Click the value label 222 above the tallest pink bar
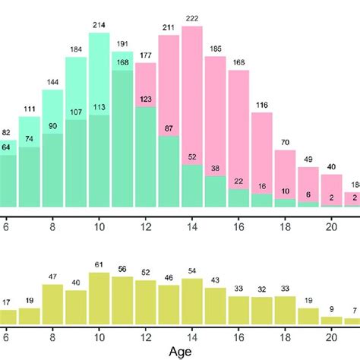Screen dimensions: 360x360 point(192,18)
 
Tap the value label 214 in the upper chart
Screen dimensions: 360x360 point(99,24)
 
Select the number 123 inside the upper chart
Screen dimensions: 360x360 point(146,99)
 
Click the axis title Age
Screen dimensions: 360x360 point(181,351)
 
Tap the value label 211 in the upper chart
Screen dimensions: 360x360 point(169,28)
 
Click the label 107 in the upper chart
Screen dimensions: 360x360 point(76,112)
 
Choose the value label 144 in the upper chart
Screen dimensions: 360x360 point(52,81)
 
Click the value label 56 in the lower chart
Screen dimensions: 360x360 point(122,269)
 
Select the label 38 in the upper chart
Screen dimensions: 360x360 point(216,169)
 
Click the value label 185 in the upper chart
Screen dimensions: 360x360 point(216,49)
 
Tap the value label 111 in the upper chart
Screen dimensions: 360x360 point(29,109)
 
